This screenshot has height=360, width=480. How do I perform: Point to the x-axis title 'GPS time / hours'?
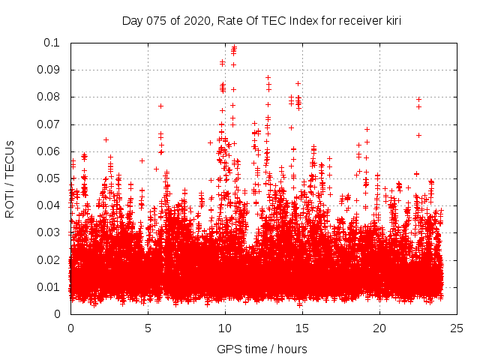click(262, 349)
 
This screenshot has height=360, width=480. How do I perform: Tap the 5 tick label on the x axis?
click(148, 328)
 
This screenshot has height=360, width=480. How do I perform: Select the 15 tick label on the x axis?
click(302, 328)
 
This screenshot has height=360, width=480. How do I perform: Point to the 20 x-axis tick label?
click(379, 328)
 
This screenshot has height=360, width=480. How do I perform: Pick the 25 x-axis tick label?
click(457, 328)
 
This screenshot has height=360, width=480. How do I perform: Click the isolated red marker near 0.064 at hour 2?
click(106, 139)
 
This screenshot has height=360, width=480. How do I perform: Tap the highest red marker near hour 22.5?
click(418, 99)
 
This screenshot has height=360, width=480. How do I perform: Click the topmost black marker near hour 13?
click(268, 77)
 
